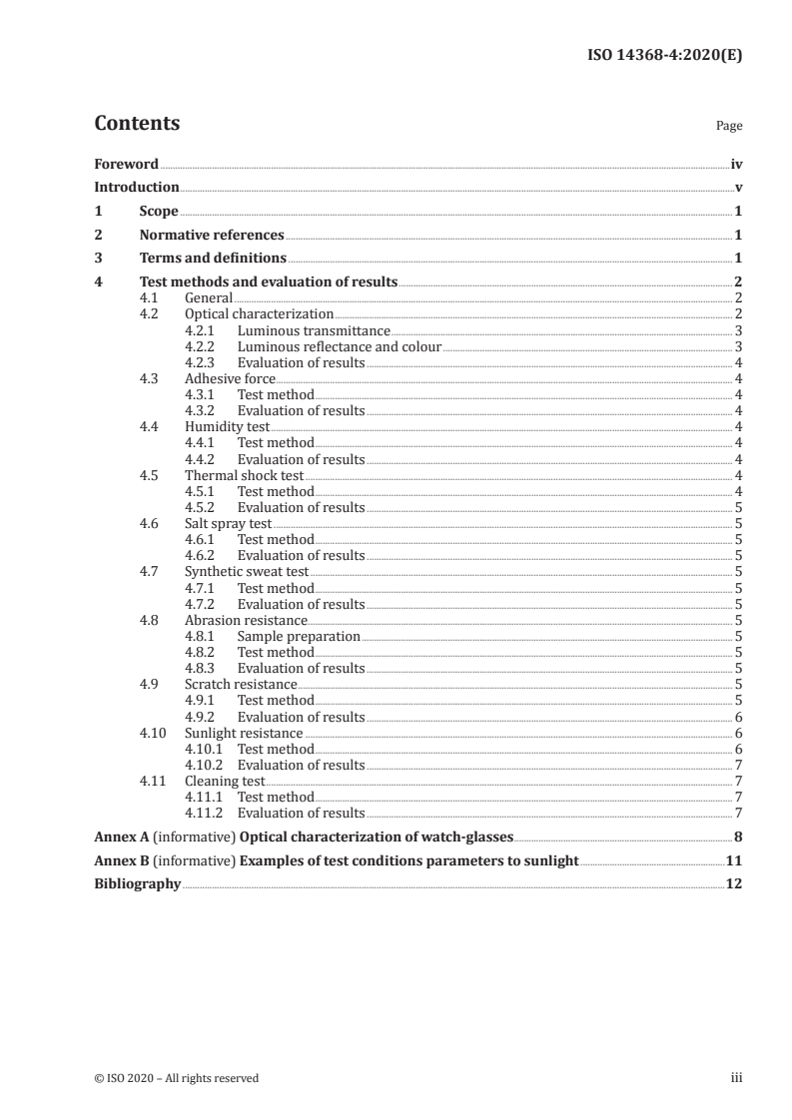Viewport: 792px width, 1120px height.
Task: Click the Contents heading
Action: coord(137,124)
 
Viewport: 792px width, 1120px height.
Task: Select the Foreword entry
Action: coord(126,163)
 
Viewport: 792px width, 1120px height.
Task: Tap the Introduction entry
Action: coord(136,187)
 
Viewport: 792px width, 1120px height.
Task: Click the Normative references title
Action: coord(212,236)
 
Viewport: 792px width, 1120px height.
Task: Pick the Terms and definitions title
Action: coord(213,259)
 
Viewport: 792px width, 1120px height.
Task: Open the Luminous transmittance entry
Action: coord(314,330)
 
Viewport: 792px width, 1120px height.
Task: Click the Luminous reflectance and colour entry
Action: coord(339,346)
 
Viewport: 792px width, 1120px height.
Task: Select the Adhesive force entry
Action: coord(230,378)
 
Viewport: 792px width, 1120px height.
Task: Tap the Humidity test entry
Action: coord(227,426)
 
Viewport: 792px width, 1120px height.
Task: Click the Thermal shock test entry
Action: coord(244,475)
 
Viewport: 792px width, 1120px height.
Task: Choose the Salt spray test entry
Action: coord(228,523)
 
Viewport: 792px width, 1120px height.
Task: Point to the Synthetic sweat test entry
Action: coord(247,572)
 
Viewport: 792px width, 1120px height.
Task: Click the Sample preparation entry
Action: coord(298,636)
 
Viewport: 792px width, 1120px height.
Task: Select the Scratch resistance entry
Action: coord(241,684)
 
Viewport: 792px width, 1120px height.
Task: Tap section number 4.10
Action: coord(152,733)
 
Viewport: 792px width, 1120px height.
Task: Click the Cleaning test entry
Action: coord(226,781)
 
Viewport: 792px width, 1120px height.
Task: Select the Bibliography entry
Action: coord(137,883)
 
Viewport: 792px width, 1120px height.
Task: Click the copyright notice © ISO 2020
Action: coord(176,1078)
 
